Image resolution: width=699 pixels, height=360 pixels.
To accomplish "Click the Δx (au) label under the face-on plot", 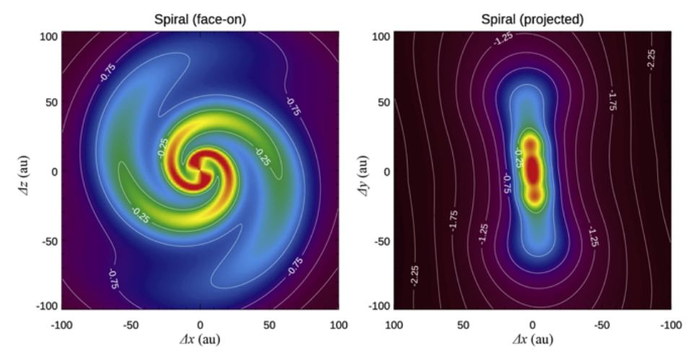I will [x=201, y=339].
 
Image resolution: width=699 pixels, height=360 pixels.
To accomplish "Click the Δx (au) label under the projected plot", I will [x=532, y=339].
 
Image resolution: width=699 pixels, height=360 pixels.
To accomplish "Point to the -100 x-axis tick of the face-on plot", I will [x=61, y=324].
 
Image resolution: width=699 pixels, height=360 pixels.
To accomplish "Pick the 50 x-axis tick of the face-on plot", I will [x=269, y=324].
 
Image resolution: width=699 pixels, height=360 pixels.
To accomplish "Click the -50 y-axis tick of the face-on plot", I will [x=45, y=241].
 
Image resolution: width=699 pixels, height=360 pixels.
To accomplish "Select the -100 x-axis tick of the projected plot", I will [x=669, y=324].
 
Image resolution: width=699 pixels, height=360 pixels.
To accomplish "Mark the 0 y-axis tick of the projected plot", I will [x=385, y=172].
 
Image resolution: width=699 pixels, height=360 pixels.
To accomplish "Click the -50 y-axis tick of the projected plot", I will [x=379, y=241].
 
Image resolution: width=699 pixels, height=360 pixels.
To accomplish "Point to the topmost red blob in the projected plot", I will [x=532, y=145].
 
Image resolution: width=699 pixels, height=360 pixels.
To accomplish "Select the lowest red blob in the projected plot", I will [x=533, y=196].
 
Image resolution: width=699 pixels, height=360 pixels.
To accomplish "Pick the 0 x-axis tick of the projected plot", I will [x=532, y=324].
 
